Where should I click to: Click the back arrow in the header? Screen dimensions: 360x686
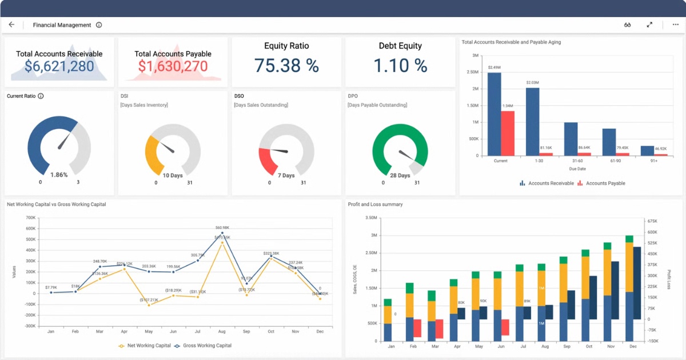tap(11, 25)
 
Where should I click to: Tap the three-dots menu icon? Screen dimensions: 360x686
tap(676, 25)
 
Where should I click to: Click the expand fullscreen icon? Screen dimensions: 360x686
tap(649, 25)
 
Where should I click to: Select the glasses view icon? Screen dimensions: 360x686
tap(627, 25)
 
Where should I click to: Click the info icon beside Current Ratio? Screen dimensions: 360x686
tap(41, 96)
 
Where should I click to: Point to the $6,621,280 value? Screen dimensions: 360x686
tap(59, 67)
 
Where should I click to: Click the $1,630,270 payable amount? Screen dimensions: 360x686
tap(173, 67)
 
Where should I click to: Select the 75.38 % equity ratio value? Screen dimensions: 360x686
tap(286, 66)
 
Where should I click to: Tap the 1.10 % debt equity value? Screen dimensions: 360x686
tap(400, 66)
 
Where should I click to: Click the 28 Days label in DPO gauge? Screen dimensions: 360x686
tap(400, 175)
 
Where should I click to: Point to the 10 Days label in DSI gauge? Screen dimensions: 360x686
tap(173, 175)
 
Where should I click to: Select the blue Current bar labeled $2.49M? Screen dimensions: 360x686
tap(494, 114)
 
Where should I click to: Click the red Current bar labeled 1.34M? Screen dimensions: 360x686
tap(508, 133)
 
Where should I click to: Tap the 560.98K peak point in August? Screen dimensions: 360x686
tap(222, 233)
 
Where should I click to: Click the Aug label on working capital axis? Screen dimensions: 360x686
tap(222, 331)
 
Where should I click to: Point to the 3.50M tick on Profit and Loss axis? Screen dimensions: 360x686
tap(370, 218)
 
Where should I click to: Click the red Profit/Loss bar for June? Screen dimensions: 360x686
tap(505, 327)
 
